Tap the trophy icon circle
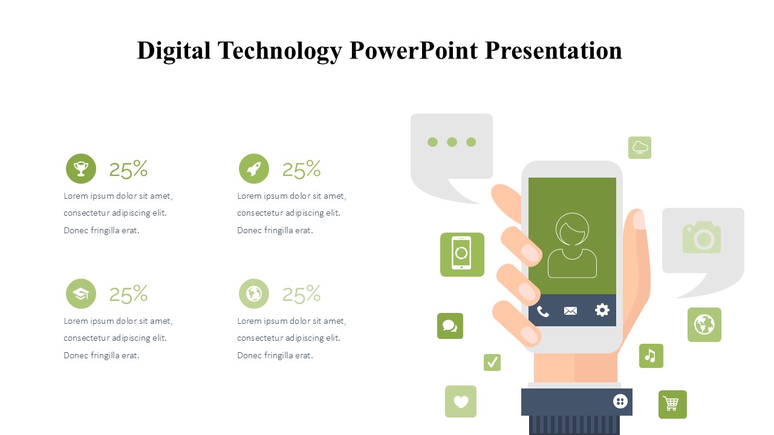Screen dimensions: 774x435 81,169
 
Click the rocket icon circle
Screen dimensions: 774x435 254,169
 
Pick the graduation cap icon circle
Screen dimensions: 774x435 81,294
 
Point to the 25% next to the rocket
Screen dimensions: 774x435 302,169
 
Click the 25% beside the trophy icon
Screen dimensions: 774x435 129,169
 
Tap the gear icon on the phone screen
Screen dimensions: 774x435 602,310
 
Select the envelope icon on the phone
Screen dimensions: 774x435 570,311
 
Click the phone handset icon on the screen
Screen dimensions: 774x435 542,311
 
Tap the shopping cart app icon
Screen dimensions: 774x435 672,404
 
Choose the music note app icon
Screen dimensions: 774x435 651,356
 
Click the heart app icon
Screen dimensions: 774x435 461,401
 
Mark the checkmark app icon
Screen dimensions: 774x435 492,362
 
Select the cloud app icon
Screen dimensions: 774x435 640,148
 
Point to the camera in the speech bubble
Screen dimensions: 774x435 701,237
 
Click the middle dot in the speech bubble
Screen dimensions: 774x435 452,142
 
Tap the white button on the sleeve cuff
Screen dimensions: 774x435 620,402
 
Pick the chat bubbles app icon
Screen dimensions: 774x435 450,326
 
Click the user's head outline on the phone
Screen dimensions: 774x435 572,229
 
